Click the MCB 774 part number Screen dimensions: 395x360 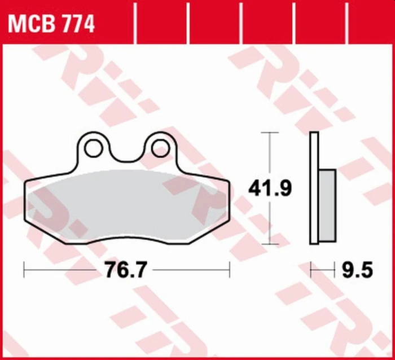click(x=51, y=24)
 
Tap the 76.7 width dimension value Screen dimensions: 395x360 click(x=125, y=270)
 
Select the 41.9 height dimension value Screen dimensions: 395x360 click(x=270, y=188)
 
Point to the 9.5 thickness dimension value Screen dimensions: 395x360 click(x=357, y=270)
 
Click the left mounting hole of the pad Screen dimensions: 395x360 click(x=94, y=148)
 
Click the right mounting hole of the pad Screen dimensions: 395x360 click(x=160, y=148)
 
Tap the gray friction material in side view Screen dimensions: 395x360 click(x=327, y=205)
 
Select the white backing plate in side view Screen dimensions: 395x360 click(x=314, y=188)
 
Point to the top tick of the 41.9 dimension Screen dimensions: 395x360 click(x=270, y=132)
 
